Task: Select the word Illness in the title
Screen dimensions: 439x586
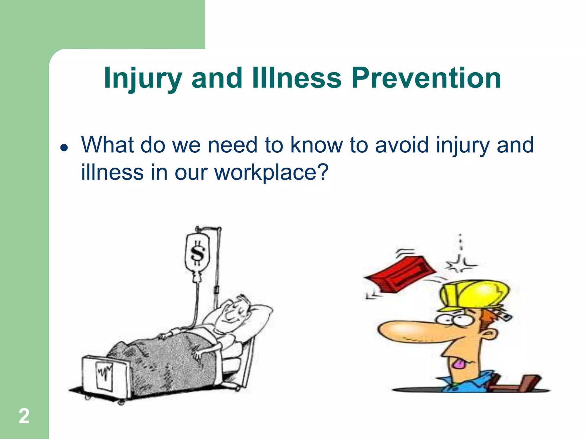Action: pyautogui.click(x=297, y=78)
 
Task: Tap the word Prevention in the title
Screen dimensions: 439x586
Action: pyautogui.click(x=426, y=78)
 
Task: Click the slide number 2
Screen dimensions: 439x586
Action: pyautogui.click(x=24, y=416)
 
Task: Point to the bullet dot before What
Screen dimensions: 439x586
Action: pyautogui.click(x=64, y=147)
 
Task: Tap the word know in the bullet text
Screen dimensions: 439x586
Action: pyautogui.click(x=316, y=145)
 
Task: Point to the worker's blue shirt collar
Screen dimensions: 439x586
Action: pyautogui.click(x=469, y=382)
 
